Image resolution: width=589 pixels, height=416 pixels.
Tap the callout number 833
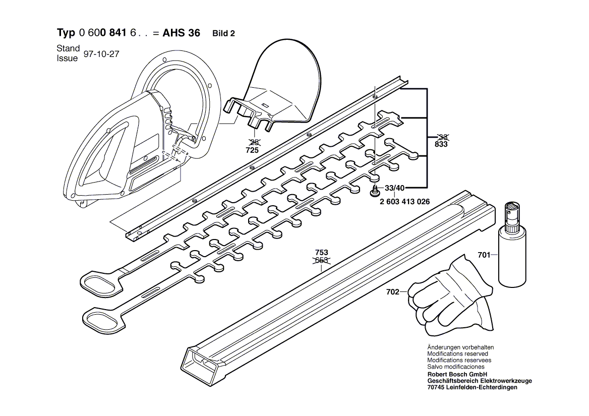click(x=441, y=145)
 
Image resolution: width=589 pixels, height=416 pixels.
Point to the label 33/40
click(x=395, y=189)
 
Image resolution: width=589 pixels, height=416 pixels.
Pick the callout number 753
click(x=321, y=253)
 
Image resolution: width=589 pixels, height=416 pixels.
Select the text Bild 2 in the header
click(x=224, y=34)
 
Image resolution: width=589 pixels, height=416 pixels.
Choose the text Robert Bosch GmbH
click(x=457, y=375)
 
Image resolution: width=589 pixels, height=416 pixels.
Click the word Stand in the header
click(x=68, y=48)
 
